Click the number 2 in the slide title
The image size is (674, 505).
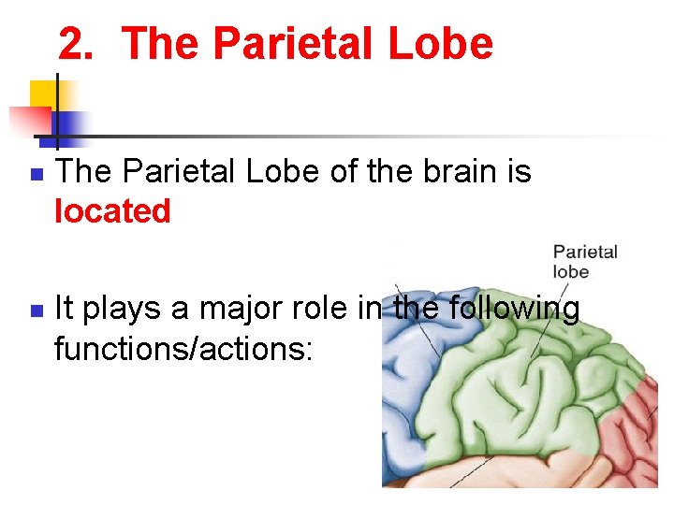[75, 44]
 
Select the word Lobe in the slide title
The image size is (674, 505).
[444, 44]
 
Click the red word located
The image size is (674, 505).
[112, 211]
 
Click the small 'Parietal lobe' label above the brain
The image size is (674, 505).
[584, 261]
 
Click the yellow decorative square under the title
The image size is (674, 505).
[43, 94]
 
